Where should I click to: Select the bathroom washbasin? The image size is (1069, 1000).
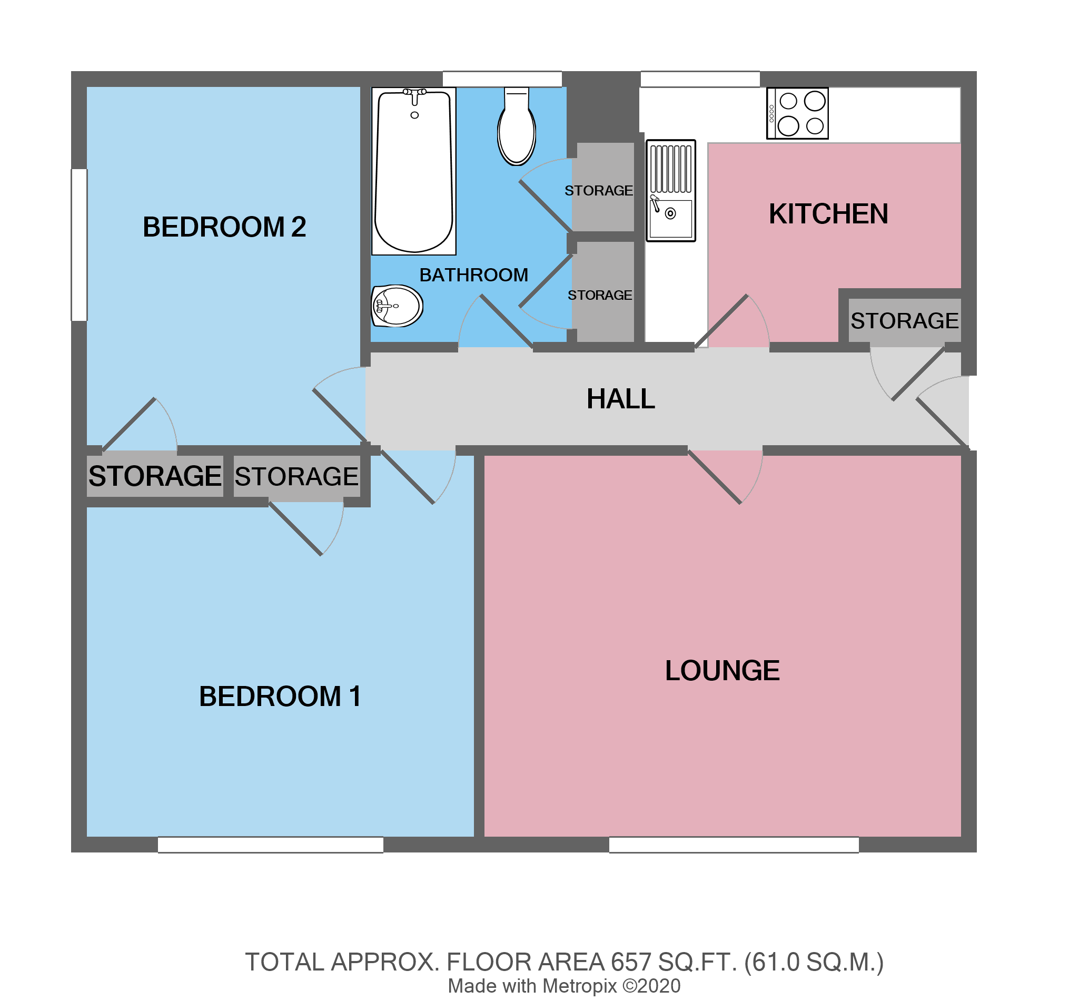pyautogui.click(x=397, y=306)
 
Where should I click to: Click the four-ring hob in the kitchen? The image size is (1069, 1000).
pyautogui.click(x=797, y=113)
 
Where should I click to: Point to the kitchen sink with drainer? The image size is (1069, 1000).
pyautogui.click(x=670, y=191)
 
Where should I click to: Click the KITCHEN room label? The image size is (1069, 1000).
pyautogui.click(x=828, y=214)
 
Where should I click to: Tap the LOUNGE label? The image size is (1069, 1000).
pyautogui.click(x=722, y=671)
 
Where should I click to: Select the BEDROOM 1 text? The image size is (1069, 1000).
pyautogui.click(x=280, y=697)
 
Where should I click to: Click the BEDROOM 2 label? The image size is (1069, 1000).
pyautogui.click(x=224, y=227)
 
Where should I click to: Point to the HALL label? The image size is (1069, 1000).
pyautogui.click(x=620, y=399)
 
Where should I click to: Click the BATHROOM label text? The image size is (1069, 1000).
pyautogui.click(x=474, y=276)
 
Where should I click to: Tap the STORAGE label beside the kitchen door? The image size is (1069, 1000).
pyautogui.click(x=905, y=321)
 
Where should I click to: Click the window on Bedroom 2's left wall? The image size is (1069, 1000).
pyautogui.click(x=80, y=245)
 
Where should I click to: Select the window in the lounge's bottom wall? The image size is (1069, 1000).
pyautogui.click(x=734, y=845)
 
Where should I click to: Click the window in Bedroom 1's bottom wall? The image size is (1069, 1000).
pyautogui.click(x=271, y=845)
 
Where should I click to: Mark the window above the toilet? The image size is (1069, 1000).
pyautogui.click(x=502, y=79)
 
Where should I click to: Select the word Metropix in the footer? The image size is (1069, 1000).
pyautogui.click(x=579, y=986)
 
